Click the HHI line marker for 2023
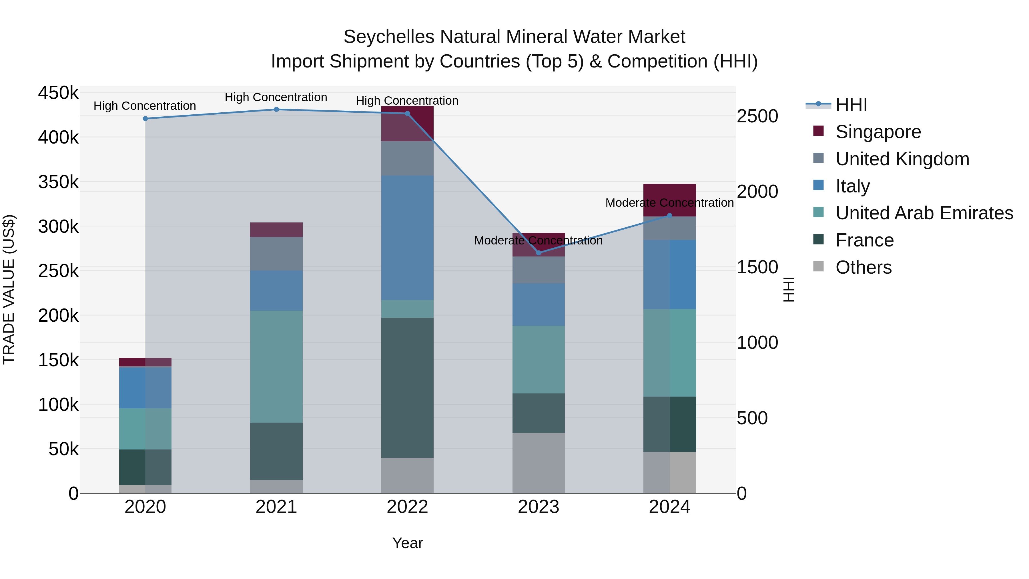pos(539,252)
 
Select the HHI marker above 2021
pos(276,110)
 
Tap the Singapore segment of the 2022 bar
pos(407,124)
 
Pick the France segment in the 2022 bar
pos(407,388)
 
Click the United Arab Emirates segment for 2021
pos(276,367)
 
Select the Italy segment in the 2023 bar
pos(539,305)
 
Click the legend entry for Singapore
pos(878,132)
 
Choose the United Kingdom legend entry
pos(902,159)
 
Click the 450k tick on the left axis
pos(58,93)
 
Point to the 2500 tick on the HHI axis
pos(757,116)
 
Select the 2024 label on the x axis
pos(669,507)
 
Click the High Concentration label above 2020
pos(145,106)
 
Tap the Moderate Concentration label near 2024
pos(669,203)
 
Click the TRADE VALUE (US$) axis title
pos(9,289)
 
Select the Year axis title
pos(407,543)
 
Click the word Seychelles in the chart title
pos(388,37)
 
